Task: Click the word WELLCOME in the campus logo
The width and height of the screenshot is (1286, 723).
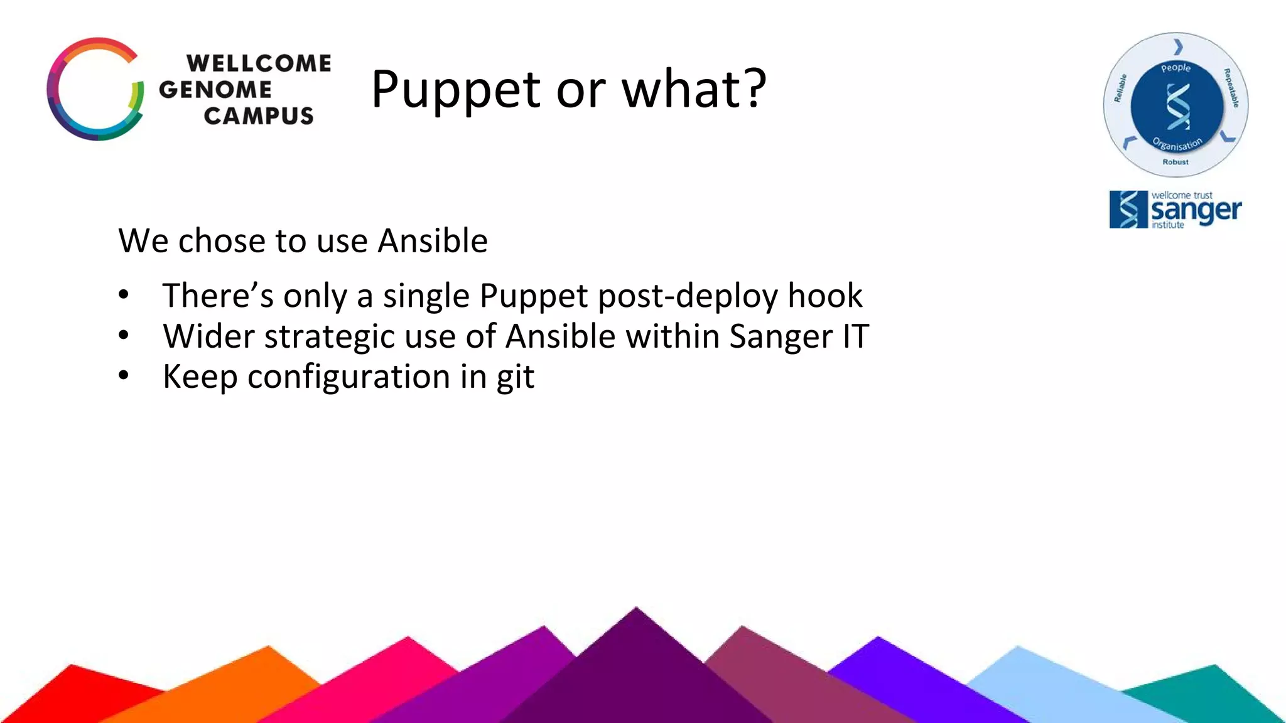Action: coord(259,63)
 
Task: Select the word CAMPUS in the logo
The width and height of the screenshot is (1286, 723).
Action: coord(259,116)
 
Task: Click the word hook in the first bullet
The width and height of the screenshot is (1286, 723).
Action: coord(825,296)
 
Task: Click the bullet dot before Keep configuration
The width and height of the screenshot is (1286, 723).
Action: coord(124,375)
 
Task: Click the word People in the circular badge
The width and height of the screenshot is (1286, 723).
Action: coord(1175,68)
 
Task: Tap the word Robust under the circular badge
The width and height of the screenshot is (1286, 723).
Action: coord(1175,162)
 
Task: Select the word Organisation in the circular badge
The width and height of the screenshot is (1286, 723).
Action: coord(1177,144)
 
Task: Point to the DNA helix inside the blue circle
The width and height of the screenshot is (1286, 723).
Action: coord(1177,107)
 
